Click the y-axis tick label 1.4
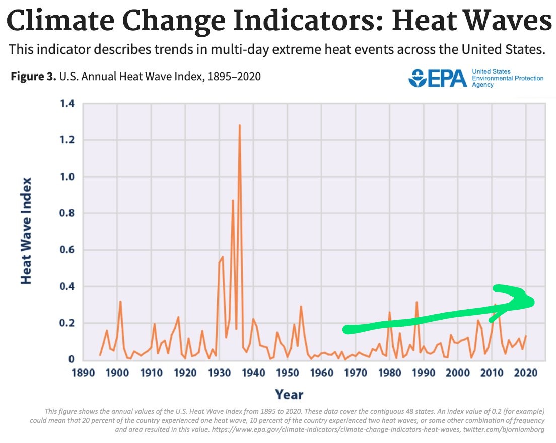pyautogui.click(x=66, y=104)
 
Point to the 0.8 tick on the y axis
pyautogui.click(x=66, y=213)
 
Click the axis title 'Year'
pyautogui.click(x=289, y=394)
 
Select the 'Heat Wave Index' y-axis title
pyautogui.click(x=26, y=231)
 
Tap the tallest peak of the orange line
pyautogui.click(x=240, y=125)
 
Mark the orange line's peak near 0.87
pyautogui.click(x=233, y=201)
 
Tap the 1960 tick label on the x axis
pyautogui.click(x=322, y=373)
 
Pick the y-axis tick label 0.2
pyautogui.click(x=66, y=323)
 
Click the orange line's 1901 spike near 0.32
pyautogui.click(x=120, y=302)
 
